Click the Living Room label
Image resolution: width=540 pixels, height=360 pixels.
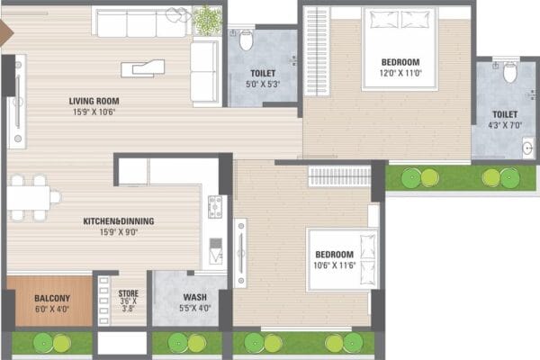tap(94, 102)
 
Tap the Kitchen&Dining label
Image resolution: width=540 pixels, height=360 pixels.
tap(119, 221)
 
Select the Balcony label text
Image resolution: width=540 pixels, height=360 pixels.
tap(52, 298)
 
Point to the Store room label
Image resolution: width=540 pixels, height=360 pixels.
tap(129, 293)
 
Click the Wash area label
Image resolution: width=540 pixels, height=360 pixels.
tap(195, 297)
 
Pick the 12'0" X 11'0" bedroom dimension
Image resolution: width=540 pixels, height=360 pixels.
tap(400, 73)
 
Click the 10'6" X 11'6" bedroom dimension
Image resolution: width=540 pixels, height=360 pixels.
tap(335, 265)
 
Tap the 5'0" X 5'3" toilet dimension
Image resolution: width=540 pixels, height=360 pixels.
tap(263, 84)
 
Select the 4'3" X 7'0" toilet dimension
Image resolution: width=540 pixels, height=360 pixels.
tap(505, 125)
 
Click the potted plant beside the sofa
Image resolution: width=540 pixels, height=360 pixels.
tap(207, 20)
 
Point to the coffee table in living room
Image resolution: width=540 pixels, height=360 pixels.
tap(143, 68)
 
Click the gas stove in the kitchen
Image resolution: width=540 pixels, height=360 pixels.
tap(215, 207)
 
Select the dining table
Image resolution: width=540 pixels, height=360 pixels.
tap(29, 198)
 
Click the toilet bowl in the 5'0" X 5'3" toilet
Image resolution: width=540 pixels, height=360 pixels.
tap(247, 40)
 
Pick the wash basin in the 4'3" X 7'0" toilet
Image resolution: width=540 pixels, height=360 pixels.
tap(528, 148)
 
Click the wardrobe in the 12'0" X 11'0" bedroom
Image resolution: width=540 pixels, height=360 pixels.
tap(317, 51)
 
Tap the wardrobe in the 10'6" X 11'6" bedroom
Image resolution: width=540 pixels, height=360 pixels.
tap(339, 176)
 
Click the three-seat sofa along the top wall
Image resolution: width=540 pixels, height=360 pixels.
tap(142, 22)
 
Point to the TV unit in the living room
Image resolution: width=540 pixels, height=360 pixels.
tap(17, 102)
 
